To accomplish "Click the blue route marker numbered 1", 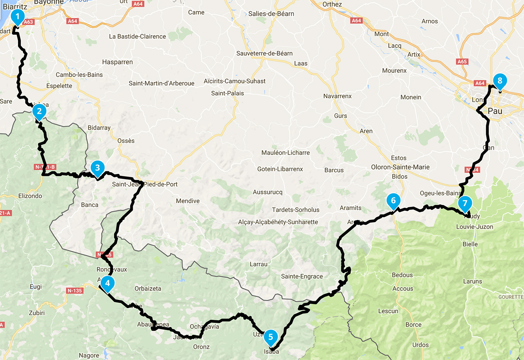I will pos(17,16).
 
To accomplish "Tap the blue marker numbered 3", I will pos(97,167).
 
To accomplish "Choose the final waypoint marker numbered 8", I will pos(499,81).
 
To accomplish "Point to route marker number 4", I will pos(107,283).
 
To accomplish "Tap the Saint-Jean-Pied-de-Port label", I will pos(145,184).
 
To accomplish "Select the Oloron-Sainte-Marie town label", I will pos(400,167).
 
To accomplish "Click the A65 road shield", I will pos(462,62).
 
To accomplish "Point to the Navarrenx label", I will pos(337,96).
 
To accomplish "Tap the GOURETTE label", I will pos(511,297).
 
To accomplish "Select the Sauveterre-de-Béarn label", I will pos(264,53).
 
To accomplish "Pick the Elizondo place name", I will pos(30,196).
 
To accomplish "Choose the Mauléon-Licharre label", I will pos(286,153).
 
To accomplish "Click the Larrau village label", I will pos(258,264).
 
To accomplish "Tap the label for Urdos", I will pos(420,345).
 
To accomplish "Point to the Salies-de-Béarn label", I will pos(271,13).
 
